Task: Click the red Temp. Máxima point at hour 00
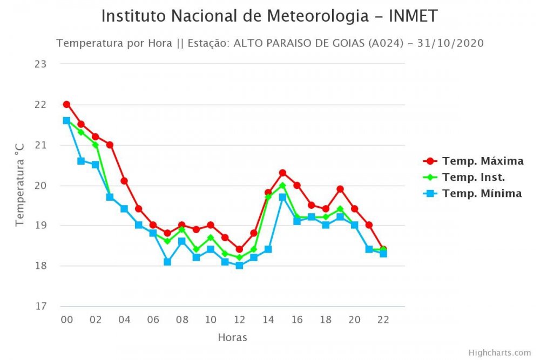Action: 66,104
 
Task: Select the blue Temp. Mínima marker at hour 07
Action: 167,262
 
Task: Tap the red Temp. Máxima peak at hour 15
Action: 282,173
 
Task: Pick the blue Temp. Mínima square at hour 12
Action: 239,266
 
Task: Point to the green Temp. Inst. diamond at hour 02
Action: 96,145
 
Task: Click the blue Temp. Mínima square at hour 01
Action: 81,161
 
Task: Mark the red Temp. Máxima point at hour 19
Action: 340,189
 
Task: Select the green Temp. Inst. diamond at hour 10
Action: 211,237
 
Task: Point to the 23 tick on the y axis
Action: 41,64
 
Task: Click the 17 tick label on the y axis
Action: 41,307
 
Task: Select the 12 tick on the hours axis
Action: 239,320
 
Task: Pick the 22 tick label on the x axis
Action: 383,320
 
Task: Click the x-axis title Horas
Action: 232,338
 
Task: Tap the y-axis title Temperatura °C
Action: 20,185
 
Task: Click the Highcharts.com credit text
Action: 500,352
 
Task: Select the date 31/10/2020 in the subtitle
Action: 455,43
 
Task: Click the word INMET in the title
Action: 411,16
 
